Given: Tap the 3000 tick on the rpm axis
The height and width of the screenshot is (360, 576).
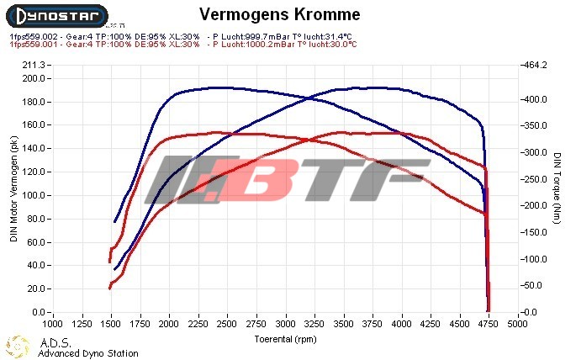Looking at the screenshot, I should click(286, 322).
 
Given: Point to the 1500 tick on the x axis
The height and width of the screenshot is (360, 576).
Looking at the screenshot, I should click(110, 322).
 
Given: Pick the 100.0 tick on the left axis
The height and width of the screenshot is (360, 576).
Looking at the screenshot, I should click(34, 195).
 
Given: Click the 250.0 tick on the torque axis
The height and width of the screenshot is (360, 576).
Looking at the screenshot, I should click(536, 179).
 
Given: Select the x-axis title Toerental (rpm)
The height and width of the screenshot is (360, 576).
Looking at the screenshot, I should click(286, 339).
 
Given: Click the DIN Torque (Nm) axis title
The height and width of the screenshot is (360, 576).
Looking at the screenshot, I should click(558, 188).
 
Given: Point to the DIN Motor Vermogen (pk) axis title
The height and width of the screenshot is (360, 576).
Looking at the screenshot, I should click(13, 188).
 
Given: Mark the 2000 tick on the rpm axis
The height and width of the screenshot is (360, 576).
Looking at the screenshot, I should click(169, 322).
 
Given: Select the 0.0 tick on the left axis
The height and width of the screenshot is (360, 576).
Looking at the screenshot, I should click(39, 311).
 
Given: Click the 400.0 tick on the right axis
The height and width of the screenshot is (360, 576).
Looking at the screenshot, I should click(536, 99).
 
